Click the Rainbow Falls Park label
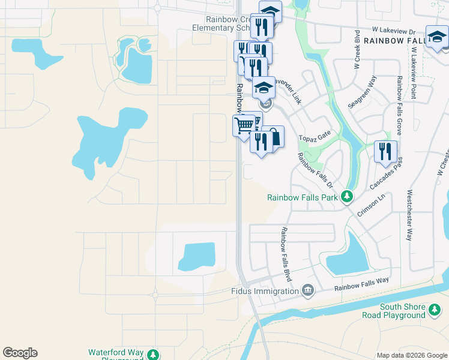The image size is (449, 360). [x=303, y=197]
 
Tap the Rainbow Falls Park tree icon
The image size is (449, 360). [x=346, y=196]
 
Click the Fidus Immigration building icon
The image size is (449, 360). [x=308, y=291]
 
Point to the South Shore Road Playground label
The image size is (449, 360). [x=393, y=310]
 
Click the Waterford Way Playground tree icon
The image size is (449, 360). [x=154, y=354]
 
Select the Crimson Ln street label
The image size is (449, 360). [x=370, y=204]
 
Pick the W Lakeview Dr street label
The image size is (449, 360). [x=393, y=31]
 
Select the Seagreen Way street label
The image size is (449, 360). [x=363, y=92]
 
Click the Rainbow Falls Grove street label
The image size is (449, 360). [x=399, y=106]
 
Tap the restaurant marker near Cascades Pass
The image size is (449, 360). [x=385, y=151]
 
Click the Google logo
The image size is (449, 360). [x=20, y=353]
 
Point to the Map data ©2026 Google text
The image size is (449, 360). [x=412, y=355]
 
